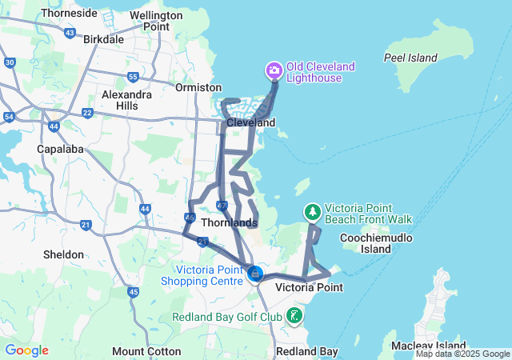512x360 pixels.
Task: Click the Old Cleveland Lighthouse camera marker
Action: pyautogui.click(x=274, y=71)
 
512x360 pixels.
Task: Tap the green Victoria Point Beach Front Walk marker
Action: pyautogui.click(x=312, y=212)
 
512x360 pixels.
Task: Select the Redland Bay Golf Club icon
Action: pyautogui.click(x=295, y=316)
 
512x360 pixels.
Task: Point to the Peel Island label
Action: pyautogui.click(x=410, y=58)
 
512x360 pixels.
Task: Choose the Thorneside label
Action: pyautogui.click(x=69, y=14)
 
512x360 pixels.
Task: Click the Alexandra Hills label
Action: pyautogui.click(x=126, y=99)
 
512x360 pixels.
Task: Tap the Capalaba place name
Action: pyautogui.click(x=61, y=149)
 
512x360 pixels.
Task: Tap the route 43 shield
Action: pyautogui.click(x=70, y=33)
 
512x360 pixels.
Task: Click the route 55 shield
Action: pyautogui.click(x=133, y=77)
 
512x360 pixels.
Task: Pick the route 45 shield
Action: pyautogui.click(x=133, y=292)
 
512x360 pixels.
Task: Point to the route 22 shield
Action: pyautogui.click(x=86, y=112)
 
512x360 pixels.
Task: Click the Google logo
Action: pyautogui.click(x=26, y=350)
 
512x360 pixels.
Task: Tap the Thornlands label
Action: pyautogui.click(x=230, y=222)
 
